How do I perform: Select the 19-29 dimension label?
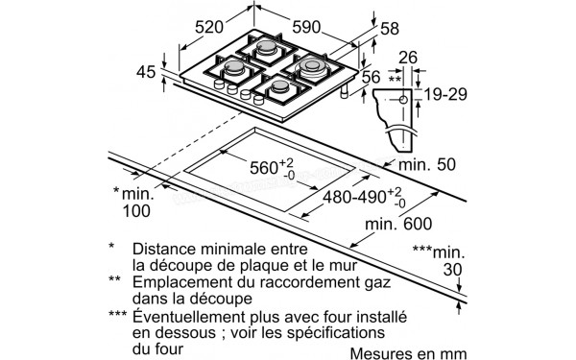pyautogui.click(x=444, y=96)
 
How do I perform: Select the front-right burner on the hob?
pyautogui.click(x=283, y=88)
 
